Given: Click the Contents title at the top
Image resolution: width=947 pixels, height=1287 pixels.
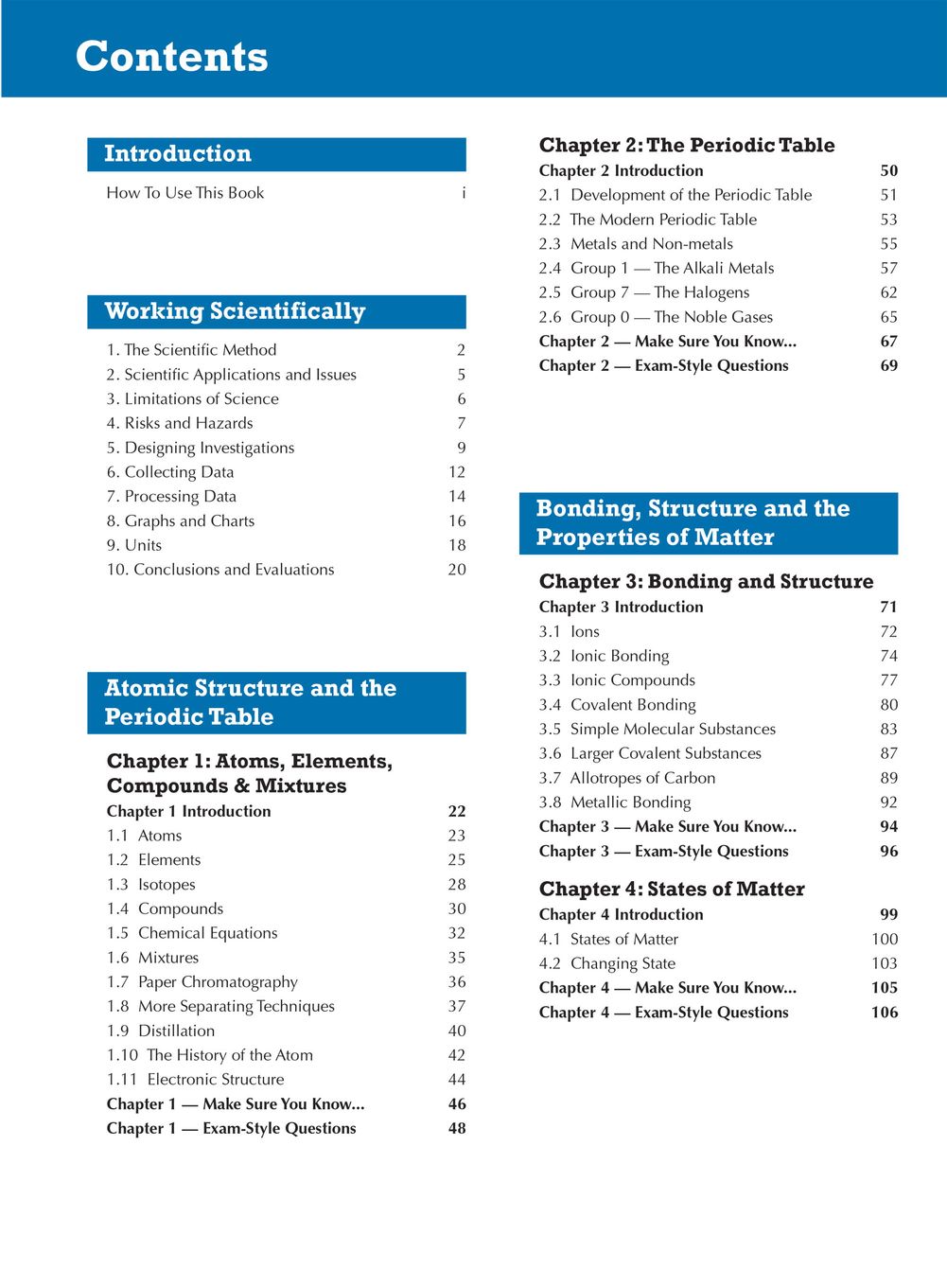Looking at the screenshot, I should point(171,57).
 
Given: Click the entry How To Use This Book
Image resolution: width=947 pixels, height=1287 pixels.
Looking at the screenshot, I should point(184,193).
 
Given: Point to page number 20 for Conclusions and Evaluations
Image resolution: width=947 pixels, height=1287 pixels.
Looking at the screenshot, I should point(457,570).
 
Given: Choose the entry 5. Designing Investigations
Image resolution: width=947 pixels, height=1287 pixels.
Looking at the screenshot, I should point(201,448).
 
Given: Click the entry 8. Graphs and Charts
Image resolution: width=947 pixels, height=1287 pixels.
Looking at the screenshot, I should point(181,520).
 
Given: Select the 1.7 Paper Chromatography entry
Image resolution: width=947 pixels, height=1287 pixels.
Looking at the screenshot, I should point(202,982).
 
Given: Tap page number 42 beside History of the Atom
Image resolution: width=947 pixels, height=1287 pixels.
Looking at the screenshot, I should point(457,1055).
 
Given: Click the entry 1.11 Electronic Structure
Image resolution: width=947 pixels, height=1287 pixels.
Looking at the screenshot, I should point(196,1080).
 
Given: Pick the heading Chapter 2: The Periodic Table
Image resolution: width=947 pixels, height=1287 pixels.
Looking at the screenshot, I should point(687,145).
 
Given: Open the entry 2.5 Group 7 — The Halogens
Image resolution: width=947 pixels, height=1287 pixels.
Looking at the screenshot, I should point(644,292).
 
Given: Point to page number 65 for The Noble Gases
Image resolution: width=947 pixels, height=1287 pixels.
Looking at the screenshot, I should point(889,317).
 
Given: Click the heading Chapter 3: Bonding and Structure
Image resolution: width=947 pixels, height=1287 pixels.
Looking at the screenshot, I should point(706,581).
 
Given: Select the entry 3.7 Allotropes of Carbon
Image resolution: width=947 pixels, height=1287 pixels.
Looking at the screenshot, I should point(627,778).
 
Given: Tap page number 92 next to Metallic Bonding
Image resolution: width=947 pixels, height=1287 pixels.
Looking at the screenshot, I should point(889,802).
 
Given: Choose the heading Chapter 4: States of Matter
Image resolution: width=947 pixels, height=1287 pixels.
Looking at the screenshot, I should point(672,889).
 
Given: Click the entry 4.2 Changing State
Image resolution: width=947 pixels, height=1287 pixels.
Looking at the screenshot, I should point(607,963).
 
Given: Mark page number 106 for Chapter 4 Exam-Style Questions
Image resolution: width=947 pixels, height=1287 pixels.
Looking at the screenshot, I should point(885,1013).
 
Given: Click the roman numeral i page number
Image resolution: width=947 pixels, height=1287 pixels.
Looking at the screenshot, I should point(464,193).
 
